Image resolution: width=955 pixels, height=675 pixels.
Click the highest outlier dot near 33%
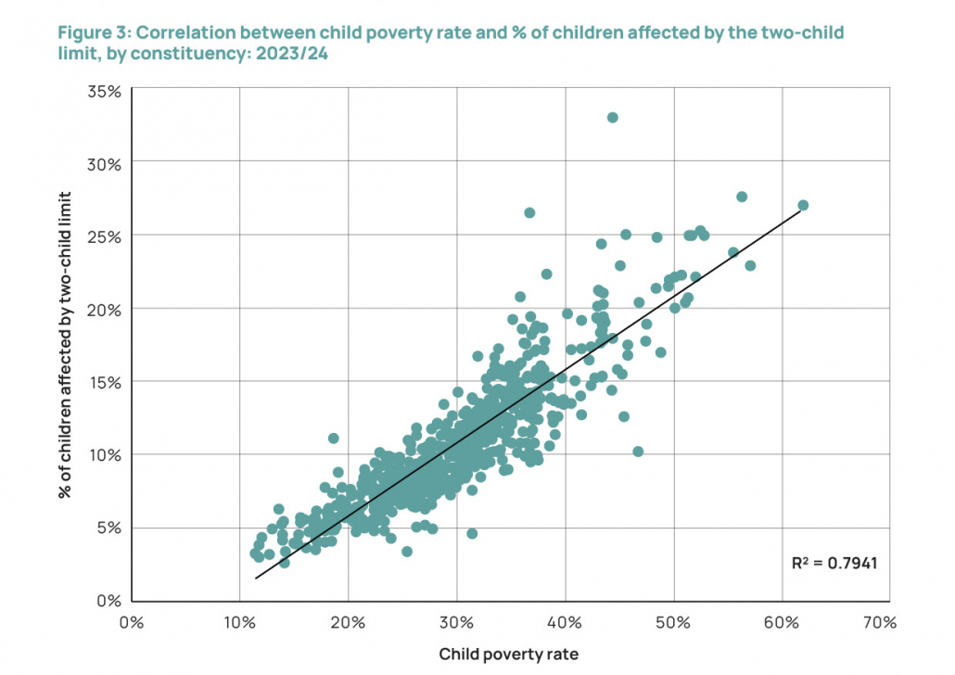612,118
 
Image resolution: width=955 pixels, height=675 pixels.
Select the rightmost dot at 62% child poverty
803,205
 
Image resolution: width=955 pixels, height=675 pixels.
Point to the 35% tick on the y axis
106,91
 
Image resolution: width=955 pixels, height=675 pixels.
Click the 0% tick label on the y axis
109,600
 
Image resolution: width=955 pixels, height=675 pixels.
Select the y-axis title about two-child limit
66,345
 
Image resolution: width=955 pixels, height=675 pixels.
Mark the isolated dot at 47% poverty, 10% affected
638,452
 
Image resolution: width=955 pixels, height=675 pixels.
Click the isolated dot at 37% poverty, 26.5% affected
529,212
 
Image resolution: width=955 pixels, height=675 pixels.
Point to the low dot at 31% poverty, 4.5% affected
472,533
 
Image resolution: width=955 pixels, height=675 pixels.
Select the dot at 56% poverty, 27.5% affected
742,197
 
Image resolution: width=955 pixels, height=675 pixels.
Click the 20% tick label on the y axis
106,308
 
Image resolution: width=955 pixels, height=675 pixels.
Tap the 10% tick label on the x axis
239,622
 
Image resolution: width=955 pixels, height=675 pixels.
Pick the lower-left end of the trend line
256,579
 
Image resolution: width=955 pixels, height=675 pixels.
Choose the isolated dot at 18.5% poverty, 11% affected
333,438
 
